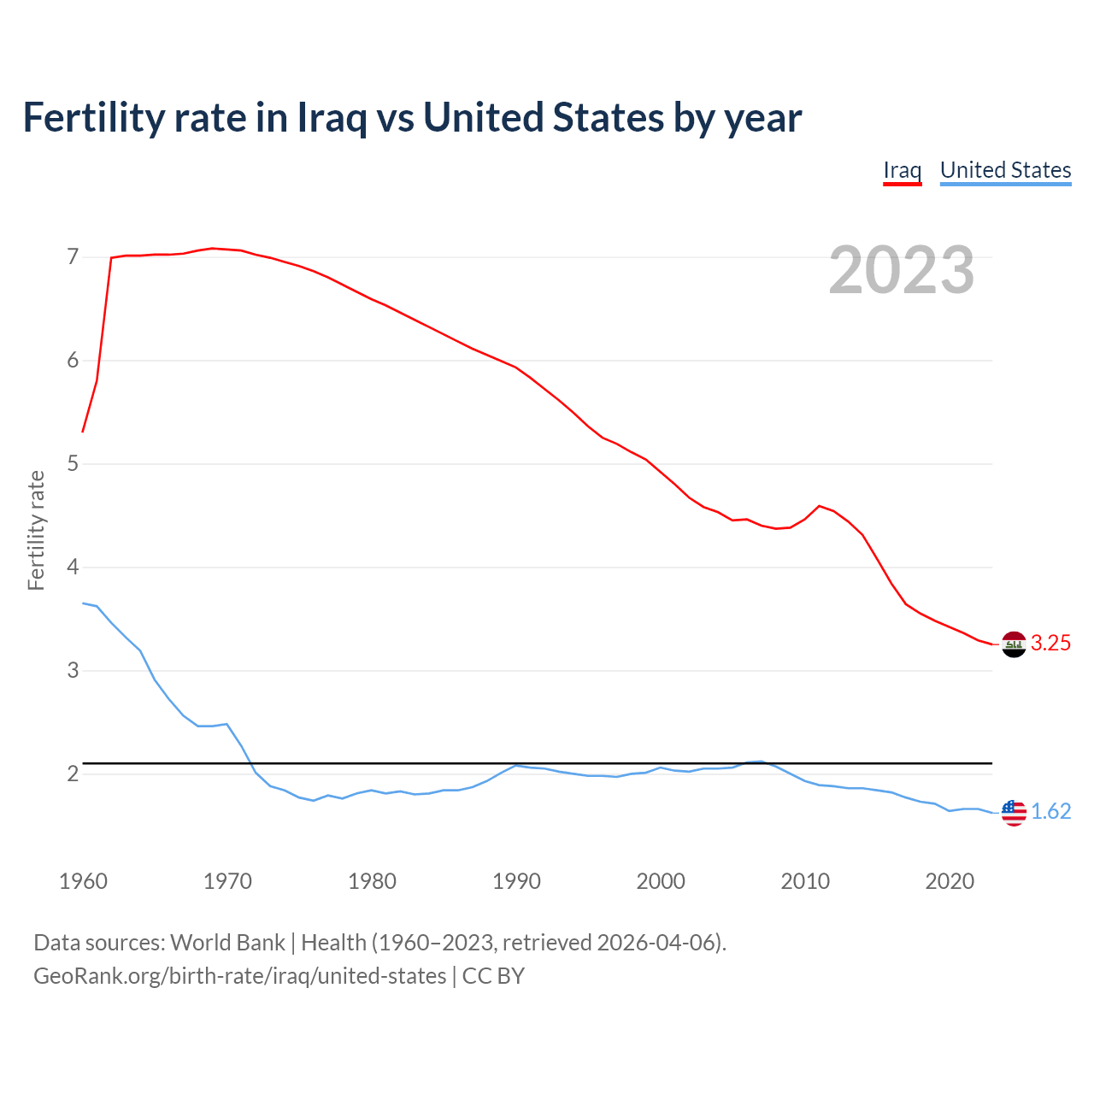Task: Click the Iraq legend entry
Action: [x=902, y=170]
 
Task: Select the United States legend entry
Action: [x=1005, y=170]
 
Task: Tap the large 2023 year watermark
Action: [x=902, y=270]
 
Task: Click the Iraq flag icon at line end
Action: [x=1014, y=644]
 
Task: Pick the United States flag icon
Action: [x=1014, y=812]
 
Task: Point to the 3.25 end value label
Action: [x=1050, y=644]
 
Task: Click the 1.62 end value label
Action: [x=1050, y=812]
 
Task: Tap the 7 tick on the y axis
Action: [x=73, y=257]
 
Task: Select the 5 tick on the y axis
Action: [x=73, y=464]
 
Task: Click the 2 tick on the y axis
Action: [x=73, y=774]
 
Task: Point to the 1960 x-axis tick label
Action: [x=83, y=881]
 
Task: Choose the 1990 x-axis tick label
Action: [x=516, y=881]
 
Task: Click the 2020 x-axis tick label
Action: [x=950, y=881]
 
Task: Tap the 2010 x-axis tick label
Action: [x=805, y=881]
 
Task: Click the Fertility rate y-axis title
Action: [x=36, y=530]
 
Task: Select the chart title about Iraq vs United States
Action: [x=412, y=118]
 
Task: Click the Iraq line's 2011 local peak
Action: [x=820, y=506]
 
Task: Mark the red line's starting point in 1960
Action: [x=83, y=432]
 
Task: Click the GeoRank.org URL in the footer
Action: [x=239, y=976]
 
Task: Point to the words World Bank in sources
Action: [x=227, y=943]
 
